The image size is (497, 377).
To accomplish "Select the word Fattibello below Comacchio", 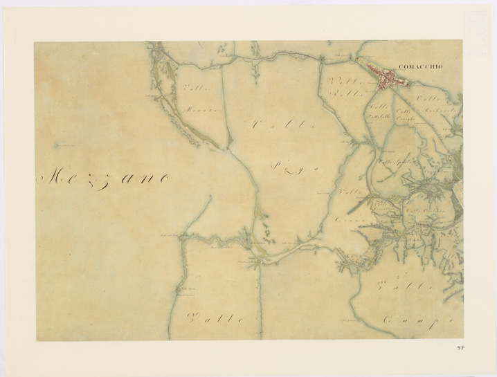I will click(380, 117).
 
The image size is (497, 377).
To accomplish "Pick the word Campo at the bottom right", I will click(416, 320).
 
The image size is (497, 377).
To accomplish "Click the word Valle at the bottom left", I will click(216, 319).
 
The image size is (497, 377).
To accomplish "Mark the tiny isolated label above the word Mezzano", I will click(64, 145).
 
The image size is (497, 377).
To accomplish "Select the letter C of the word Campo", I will click(388, 320).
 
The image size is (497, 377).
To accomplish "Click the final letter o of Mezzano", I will click(164, 178).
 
